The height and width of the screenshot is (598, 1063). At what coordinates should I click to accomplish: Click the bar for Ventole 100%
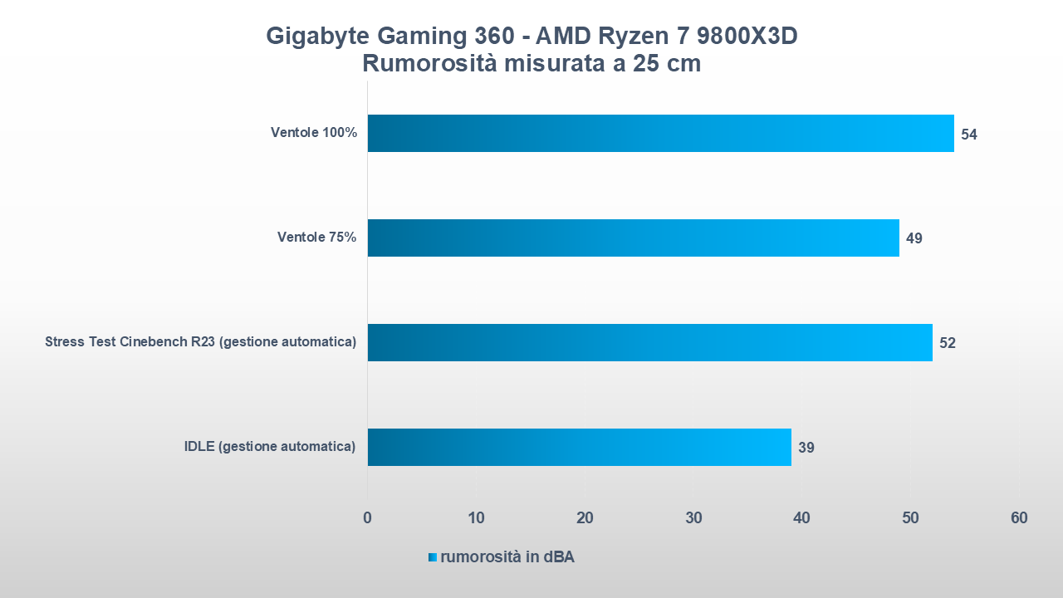pyautogui.click(x=660, y=133)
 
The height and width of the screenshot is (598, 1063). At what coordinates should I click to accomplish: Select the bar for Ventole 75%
pyautogui.click(x=633, y=238)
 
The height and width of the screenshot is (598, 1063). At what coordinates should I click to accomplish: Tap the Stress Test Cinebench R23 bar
pyautogui.click(x=649, y=342)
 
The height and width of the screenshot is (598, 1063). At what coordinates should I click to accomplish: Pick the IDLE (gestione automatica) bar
pyautogui.click(x=579, y=447)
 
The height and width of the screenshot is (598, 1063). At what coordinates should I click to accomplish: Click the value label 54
pyautogui.click(x=969, y=134)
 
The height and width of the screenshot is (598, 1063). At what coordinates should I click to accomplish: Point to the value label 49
pyautogui.click(x=914, y=238)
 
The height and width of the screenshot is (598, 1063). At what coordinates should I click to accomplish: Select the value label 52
pyautogui.click(x=948, y=343)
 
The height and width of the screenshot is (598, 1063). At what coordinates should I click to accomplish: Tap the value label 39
pyautogui.click(x=806, y=448)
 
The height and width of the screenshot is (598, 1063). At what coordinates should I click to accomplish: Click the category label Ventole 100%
pyautogui.click(x=314, y=133)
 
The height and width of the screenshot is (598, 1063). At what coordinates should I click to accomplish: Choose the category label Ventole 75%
pyautogui.click(x=316, y=238)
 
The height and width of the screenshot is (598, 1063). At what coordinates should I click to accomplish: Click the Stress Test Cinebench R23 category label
pyautogui.click(x=200, y=342)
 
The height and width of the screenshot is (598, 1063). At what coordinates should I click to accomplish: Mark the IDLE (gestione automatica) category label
pyautogui.click(x=270, y=447)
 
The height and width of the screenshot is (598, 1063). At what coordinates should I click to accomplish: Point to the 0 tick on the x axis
pyautogui.click(x=367, y=518)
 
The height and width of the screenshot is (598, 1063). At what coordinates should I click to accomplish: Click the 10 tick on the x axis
pyautogui.click(x=476, y=518)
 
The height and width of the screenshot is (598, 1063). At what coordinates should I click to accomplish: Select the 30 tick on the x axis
pyautogui.click(x=693, y=518)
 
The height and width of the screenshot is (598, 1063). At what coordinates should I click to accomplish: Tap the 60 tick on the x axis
pyautogui.click(x=1019, y=518)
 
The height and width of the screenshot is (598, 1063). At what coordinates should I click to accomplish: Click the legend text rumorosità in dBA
pyautogui.click(x=507, y=557)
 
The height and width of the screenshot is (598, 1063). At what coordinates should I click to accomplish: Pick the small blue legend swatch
pyautogui.click(x=433, y=557)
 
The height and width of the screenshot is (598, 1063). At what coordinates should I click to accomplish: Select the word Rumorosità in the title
pyautogui.click(x=429, y=64)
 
